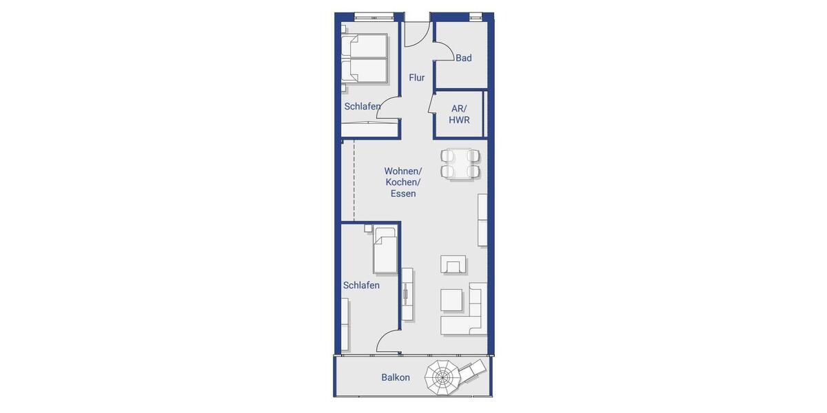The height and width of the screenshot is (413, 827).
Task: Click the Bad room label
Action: tap(464, 58)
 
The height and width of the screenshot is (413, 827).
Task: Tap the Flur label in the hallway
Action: tap(417, 78)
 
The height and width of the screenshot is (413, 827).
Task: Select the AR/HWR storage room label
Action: tap(459, 114)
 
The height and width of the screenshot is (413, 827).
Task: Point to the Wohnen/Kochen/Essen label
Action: tap(403, 182)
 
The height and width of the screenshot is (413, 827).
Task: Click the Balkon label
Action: tap(396, 377)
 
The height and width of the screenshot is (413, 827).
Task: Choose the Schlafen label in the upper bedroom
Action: tap(363, 107)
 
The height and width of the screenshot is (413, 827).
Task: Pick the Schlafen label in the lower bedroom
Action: tap(361, 285)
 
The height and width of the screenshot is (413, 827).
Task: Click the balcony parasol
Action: tap(442, 377)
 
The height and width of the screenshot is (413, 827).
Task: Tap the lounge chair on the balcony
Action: tap(472, 373)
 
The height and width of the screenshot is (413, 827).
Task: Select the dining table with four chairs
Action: tap(460, 164)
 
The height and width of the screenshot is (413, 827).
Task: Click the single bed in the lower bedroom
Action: tap(385, 251)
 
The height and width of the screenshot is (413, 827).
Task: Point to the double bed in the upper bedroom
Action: tap(365, 59)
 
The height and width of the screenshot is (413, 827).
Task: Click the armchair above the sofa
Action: tap(453, 264)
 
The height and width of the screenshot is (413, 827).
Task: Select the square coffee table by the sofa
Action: tap(451, 300)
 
